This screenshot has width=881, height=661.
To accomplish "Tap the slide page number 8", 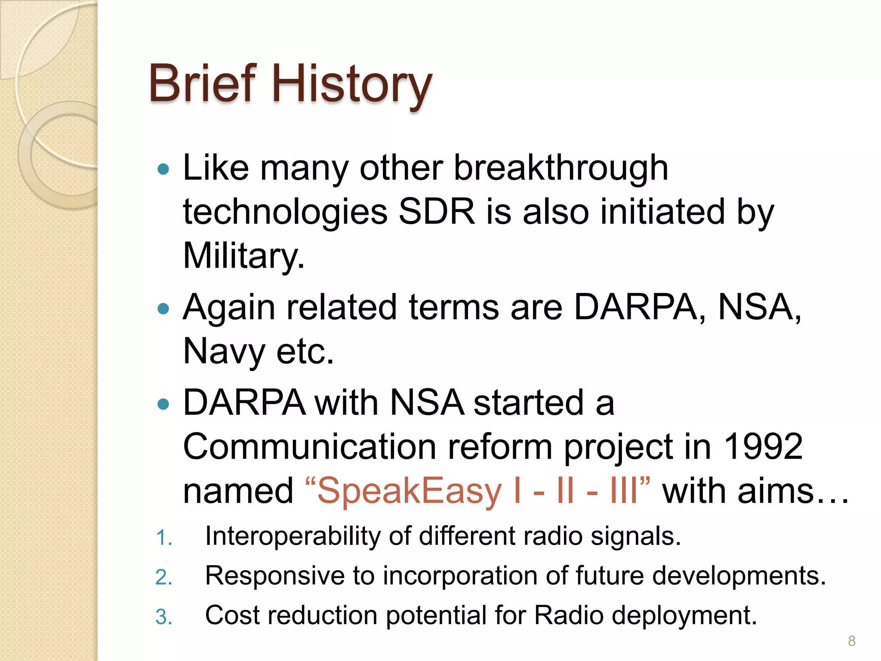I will click(x=851, y=641).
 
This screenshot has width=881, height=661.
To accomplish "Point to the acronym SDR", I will click(x=437, y=212).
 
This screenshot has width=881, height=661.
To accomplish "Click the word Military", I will click(x=243, y=256).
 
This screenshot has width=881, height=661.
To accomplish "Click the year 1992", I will click(x=763, y=447).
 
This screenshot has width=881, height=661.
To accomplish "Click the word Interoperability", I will click(x=293, y=537).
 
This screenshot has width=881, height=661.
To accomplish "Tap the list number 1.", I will click(x=163, y=538).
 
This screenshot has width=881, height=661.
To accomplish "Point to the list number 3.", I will click(x=163, y=617).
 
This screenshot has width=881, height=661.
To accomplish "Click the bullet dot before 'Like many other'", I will click(x=163, y=169).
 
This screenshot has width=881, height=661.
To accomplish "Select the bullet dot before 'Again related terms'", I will click(x=163, y=308).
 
